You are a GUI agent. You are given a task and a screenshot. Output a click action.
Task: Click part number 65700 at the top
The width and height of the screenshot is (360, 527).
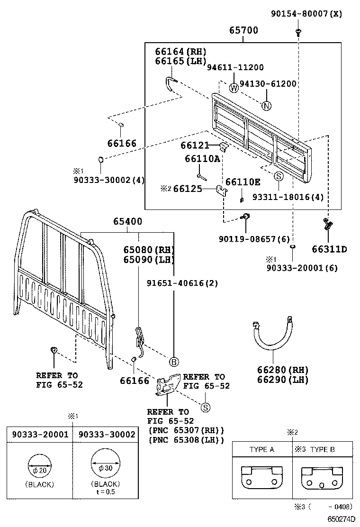[244, 30]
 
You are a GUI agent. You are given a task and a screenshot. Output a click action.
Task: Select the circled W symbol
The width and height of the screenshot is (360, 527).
[234, 87]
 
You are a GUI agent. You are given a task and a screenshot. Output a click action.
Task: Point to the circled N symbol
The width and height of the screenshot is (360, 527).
[267, 106]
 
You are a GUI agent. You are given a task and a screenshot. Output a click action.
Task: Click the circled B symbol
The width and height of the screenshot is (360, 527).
[174, 362]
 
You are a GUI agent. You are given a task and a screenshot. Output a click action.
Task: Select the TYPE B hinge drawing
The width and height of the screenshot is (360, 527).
[322, 477]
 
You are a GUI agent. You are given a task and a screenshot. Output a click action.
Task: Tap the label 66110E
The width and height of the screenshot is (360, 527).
[243, 182]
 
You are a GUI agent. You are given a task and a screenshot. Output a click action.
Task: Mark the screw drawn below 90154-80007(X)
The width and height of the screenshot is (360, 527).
[298, 32]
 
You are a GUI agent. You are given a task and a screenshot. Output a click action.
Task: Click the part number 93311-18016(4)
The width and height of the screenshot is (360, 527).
[288, 197]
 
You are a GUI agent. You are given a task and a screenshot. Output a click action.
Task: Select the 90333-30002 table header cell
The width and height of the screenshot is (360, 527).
[107, 434]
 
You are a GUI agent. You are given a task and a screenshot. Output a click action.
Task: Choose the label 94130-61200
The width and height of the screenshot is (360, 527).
[268, 84]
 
